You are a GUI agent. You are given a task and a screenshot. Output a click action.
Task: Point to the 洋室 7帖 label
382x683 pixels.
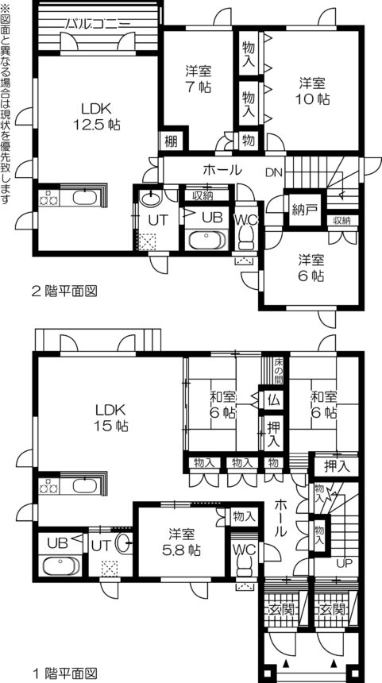tap(199, 79)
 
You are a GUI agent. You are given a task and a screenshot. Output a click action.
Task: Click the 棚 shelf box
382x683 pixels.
tap(172, 141)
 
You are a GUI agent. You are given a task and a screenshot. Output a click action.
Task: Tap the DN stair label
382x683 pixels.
tap(273, 172)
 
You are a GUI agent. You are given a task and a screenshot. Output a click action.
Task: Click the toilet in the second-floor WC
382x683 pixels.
tap(247, 237)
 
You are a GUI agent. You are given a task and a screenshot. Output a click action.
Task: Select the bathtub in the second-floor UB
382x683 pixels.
tap(205, 241)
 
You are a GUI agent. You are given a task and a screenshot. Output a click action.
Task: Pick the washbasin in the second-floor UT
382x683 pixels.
tap(150, 199)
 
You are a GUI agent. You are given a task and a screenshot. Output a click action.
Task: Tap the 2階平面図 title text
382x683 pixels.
tap(64, 291)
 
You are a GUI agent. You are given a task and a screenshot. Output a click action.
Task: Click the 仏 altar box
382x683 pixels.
tap(272, 398)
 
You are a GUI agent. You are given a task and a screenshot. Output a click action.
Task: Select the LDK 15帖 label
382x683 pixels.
tap(111, 418)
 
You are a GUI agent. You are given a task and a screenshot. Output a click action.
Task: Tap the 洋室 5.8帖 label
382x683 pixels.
tap(182, 540)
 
